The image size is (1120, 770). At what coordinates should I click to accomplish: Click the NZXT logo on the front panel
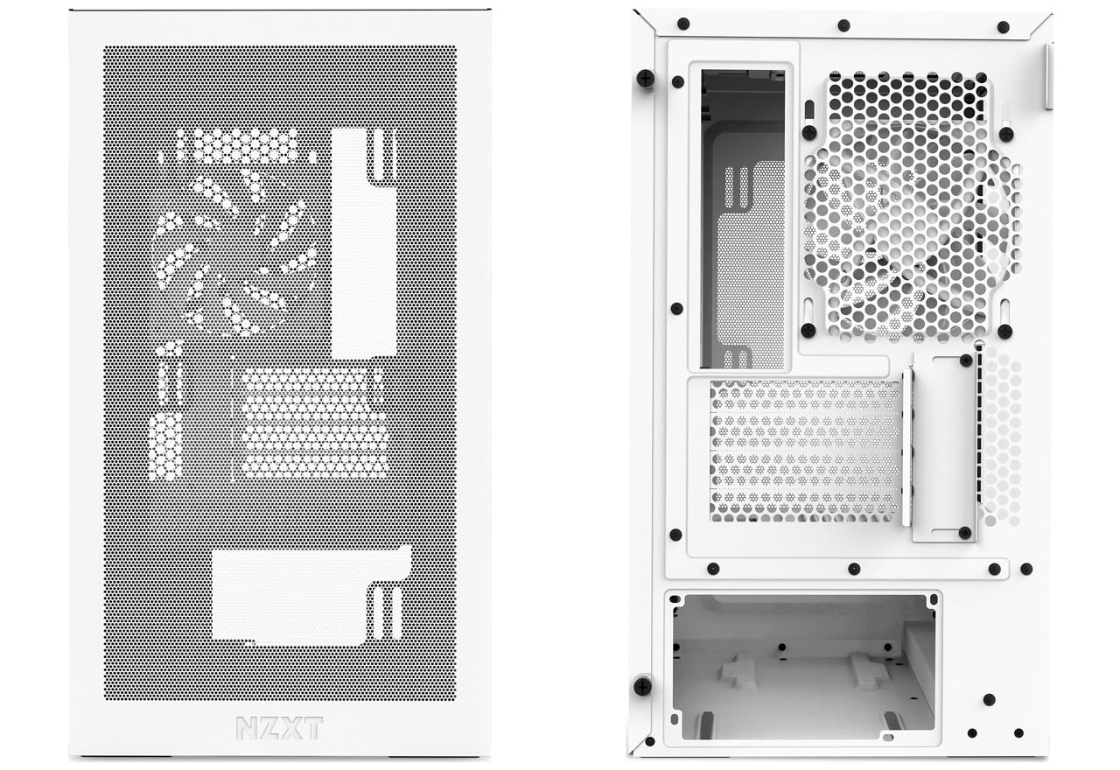[x=279, y=727]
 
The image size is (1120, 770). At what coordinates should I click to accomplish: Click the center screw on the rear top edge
[x=843, y=25]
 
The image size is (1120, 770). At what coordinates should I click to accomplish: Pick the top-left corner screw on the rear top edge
[x=683, y=24]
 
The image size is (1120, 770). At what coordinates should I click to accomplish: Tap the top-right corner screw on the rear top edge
[x=1003, y=27]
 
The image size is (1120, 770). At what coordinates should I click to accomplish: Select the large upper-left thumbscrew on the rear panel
[x=646, y=79]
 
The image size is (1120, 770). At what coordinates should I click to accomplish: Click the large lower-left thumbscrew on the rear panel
[x=642, y=685]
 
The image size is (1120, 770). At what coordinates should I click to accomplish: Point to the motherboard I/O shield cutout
[x=742, y=219]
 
